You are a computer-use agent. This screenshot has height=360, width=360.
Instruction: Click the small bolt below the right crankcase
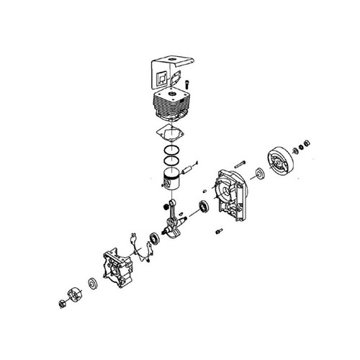coord(218,233)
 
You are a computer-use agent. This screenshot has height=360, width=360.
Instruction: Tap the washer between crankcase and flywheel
coord(258,174)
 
